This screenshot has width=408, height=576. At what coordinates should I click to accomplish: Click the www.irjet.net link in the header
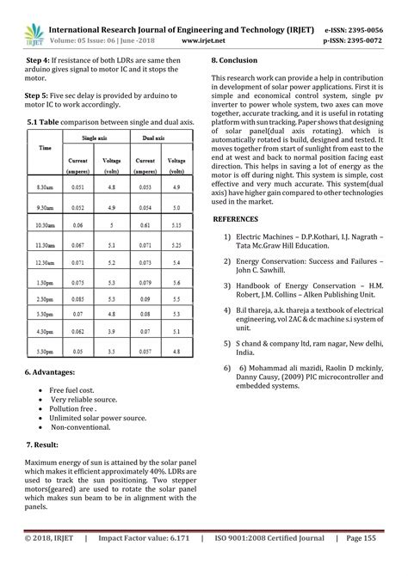click(204, 39)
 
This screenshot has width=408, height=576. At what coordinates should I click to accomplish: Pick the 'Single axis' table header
click(94, 138)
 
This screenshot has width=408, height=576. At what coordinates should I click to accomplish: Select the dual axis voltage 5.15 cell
click(176, 224)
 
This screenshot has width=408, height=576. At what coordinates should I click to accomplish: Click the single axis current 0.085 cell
click(78, 298)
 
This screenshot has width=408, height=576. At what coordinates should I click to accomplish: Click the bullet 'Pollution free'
click(74, 409)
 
